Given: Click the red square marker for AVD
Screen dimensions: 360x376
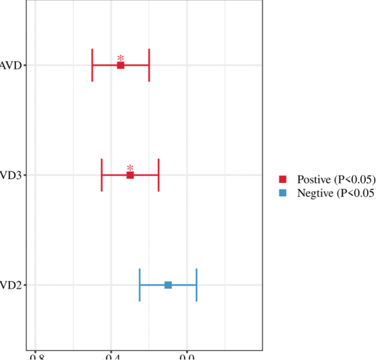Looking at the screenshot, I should pyautogui.click(x=121, y=66).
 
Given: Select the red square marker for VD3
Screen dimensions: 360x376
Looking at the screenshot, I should pyautogui.click(x=130, y=175).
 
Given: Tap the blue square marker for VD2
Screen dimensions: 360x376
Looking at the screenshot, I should pyautogui.click(x=168, y=285).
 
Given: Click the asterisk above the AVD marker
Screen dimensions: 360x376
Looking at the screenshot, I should pyautogui.click(x=121, y=58).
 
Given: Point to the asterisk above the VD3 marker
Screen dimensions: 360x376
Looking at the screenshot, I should pyautogui.click(x=130, y=168).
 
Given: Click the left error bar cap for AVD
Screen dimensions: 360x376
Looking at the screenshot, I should pyautogui.click(x=92, y=65).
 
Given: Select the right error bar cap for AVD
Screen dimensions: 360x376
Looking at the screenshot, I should pyautogui.click(x=149, y=65).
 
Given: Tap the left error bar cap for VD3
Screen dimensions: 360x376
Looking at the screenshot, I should pyautogui.click(x=102, y=175).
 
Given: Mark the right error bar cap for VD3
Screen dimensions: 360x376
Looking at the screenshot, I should pyautogui.click(x=158, y=175).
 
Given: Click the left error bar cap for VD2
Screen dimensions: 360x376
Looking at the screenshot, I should pyautogui.click(x=139, y=285).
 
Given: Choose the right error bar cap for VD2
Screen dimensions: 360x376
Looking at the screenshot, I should pyautogui.click(x=196, y=285).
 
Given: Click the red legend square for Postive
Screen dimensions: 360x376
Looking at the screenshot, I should pyautogui.click(x=283, y=179).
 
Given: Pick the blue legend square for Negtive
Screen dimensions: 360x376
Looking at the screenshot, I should pyautogui.click(x=283, y=193).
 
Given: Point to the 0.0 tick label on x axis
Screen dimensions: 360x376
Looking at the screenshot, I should pyautogui.click(x=187, y=357).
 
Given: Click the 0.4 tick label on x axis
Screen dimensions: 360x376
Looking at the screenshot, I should pyautogui.click(x=111, y=357).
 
